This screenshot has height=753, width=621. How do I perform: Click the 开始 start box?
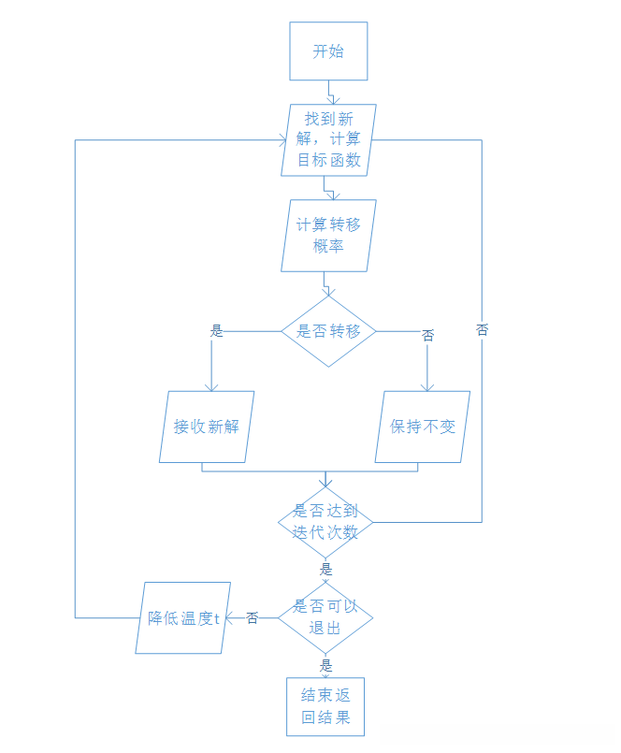pyautogui.click(x=327, y=51)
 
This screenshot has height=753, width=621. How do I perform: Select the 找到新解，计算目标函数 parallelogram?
pyautogui.click(x=328, y=139)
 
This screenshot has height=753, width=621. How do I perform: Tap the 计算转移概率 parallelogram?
pyautogui.click(x=328, y=236)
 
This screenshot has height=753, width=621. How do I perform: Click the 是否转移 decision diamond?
pyautogui.click(x=328, y=331)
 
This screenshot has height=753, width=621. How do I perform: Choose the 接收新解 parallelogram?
pyautogui.click(x=206, y=427)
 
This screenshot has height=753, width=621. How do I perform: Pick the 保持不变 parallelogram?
pyautogui.click(x=422, y=427)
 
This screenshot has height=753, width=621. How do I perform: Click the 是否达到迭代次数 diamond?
pyautogui.click(x=325, y=522)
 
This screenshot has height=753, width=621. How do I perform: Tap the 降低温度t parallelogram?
pyautogui.click(x=183, y=617)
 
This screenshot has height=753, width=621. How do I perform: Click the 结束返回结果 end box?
pyautogui.click(x=325, y=707)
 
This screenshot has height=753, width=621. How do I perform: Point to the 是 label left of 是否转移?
pyautogui.click(x=217, y=330)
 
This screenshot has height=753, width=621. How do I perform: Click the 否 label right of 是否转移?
pyautogui.click(x=428, y=335)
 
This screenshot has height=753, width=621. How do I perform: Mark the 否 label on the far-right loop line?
pyautogui.click(x=483, y=330)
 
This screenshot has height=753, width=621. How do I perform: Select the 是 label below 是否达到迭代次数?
pyautogui.click(x=325, y=569)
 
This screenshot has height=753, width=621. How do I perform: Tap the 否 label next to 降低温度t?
pyautogui.click(x=253, y=617)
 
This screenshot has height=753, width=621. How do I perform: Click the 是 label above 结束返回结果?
pyautogui.click(x=325, y=666)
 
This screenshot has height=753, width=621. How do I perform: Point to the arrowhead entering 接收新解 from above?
pyautogui.click(x=211, y=386)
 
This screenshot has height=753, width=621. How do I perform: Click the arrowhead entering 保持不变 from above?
pyautogui.click(x=427, y=386)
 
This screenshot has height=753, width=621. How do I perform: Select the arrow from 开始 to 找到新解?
pyautogui.click(x=329, y=92)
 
